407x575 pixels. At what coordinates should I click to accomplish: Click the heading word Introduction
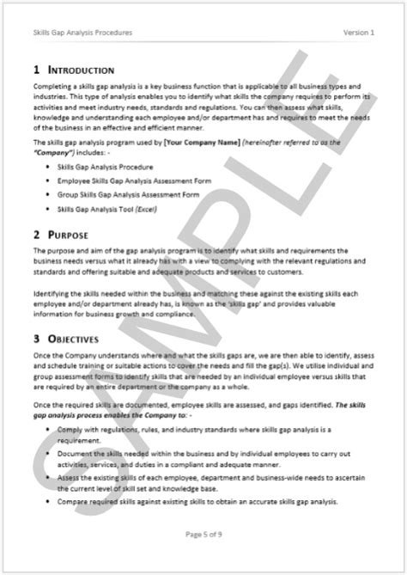click(84, 69)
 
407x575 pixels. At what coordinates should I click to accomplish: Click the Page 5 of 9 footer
click(203, 535)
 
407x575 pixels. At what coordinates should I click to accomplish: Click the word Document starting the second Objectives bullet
click(71, 450)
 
